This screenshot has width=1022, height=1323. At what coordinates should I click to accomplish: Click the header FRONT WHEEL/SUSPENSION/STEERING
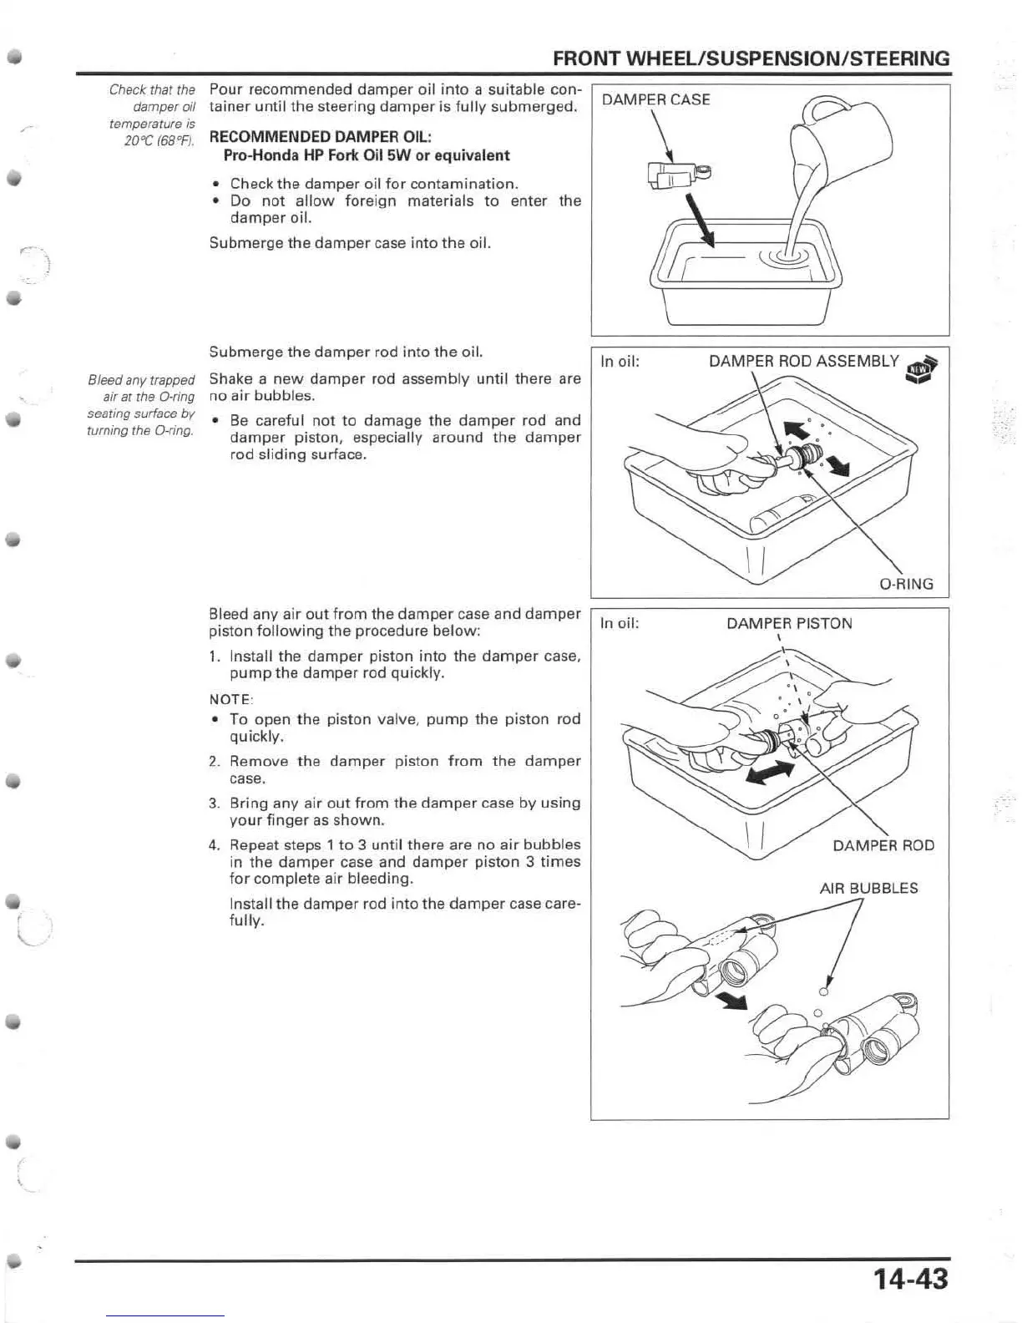(x=751, y=58)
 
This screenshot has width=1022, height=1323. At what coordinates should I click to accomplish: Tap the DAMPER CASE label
(x=655, y=99)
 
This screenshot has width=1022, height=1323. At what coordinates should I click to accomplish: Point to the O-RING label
(x=907, y=584)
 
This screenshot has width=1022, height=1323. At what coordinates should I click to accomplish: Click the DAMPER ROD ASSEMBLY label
(x=803, y=361)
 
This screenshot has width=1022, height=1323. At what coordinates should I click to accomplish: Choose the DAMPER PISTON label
(x=789, y=623)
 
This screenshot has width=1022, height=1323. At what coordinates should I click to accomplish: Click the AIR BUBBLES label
(x=868, y=888)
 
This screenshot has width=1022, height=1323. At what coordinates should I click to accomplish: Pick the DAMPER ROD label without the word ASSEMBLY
(x=883, y=845)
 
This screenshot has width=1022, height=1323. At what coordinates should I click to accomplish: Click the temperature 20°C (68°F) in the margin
(x=159, y=140)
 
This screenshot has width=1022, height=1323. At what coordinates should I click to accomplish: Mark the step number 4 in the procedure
(x=214, y=844)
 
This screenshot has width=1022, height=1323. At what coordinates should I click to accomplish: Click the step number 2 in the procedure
(x=214, y=761)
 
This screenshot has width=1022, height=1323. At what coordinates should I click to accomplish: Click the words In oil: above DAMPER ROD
(x=620, y=623)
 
